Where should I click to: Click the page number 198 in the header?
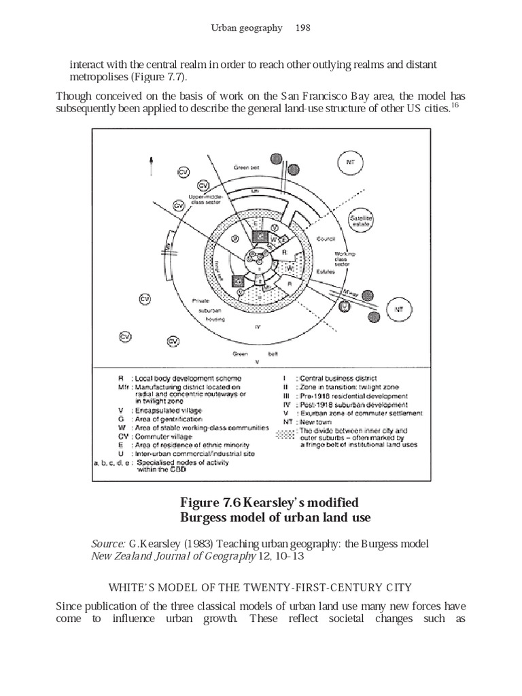[x=301, y=28]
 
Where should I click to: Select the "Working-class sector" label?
[x=343, y=259]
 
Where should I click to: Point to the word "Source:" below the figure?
[x=107, y=545]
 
